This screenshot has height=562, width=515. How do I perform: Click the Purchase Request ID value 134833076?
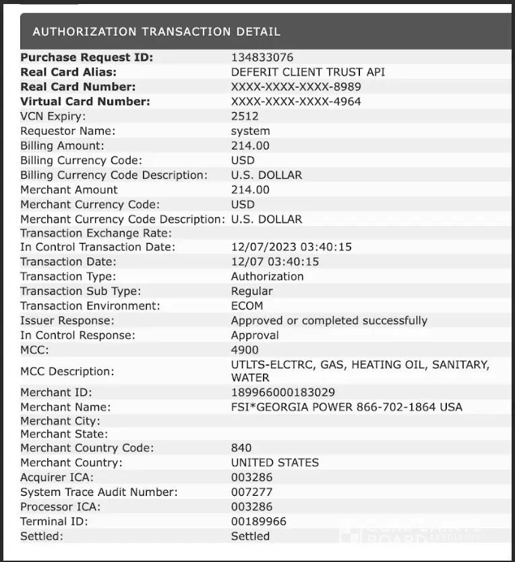(x=262, y=57)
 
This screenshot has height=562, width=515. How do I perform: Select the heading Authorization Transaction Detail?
(x=156, y=32)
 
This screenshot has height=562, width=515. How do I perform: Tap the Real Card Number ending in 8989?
(x=296, y=87)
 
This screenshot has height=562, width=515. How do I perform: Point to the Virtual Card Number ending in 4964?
(x=296, y=102)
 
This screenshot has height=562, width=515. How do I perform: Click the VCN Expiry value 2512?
(x=245, y=116)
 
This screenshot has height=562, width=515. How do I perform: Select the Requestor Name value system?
(x=250, y=131)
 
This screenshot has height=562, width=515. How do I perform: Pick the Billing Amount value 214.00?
(x=250, y=146)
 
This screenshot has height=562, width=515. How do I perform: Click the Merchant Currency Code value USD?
(x=243, y=204)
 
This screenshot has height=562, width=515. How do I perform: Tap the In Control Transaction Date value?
(x=291, y=247)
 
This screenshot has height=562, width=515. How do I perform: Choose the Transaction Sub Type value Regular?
(x=252, y=291)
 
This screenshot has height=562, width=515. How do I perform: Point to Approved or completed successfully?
(x=329, y=320)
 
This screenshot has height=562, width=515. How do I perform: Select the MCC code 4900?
(x=245, y=350)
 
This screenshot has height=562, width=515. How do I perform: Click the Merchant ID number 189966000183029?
(x=283, y=393)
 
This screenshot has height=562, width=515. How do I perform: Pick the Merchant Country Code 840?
(x=241, y=448)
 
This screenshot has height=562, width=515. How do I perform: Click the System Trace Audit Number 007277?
(x=251, y=492)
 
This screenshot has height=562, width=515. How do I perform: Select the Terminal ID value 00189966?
(x=258, y=522)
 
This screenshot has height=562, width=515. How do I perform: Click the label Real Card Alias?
(x=69, y=72)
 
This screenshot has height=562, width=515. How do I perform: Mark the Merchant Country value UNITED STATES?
(x=275, y=463)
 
